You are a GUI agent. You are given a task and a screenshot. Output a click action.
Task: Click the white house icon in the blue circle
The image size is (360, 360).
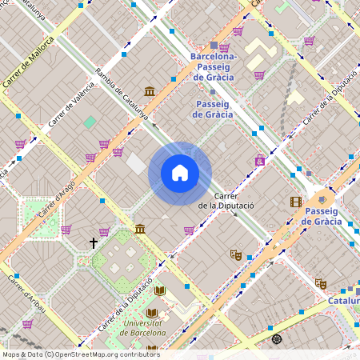pos(180,173)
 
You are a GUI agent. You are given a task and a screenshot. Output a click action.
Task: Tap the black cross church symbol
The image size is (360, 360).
pos(94,242)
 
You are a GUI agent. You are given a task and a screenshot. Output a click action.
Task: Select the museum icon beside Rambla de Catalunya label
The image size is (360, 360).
pos(150,92)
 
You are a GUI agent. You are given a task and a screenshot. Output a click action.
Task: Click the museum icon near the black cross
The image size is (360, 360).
pos(140,230)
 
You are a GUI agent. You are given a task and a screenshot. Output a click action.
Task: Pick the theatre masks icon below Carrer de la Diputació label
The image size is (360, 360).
pos(235,254)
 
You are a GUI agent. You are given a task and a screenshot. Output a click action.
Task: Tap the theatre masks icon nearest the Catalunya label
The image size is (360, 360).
pos(321,283)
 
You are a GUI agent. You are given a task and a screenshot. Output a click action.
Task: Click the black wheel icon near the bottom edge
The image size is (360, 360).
pos(277,339)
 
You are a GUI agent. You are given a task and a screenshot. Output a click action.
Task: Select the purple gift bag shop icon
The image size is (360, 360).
pos(259,160)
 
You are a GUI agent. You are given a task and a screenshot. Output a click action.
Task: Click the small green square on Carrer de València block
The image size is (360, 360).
pos(90,122)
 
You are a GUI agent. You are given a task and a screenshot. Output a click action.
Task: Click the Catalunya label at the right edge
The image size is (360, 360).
pos(343,302)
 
